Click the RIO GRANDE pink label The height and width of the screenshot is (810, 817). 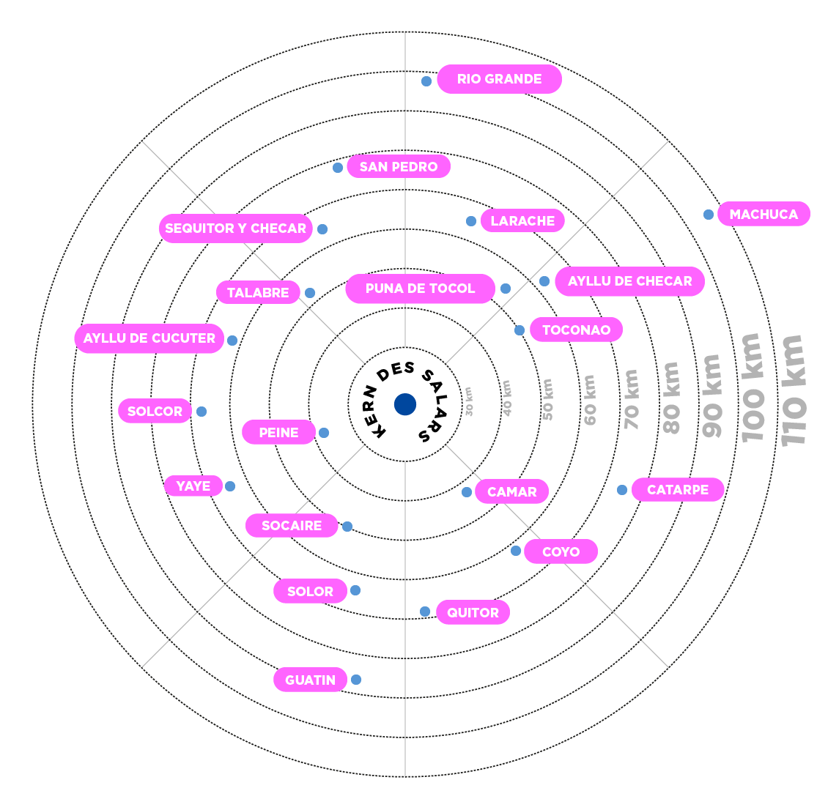click(499, 79)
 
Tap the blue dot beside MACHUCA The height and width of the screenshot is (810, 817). click(709, 215)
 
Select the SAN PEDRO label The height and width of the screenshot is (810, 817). click(398, 167)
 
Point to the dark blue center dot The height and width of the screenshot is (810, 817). click(405, 404)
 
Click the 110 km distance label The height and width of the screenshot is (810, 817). click(794, 390)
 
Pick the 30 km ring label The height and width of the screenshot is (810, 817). click(469, 401)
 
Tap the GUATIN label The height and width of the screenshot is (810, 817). click(310, 680)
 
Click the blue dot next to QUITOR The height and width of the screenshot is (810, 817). click(425, 612)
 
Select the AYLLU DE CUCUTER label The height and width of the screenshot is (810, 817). click(149, 338)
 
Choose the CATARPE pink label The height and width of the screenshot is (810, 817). click(677, 490)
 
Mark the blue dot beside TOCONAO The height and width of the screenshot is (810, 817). click(520, 330)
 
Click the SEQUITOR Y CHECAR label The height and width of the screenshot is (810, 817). click(235, 228)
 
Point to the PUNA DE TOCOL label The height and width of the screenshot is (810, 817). click(420, 289)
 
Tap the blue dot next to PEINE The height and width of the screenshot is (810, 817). click(324, 433)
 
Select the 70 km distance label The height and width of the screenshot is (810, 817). click(632, 399)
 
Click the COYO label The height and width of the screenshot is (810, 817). click(561, 551)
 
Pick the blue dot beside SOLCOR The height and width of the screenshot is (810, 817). click(202, 412)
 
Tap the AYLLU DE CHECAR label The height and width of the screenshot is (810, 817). click(629, 281)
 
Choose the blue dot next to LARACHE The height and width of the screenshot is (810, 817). click(471, 221)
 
